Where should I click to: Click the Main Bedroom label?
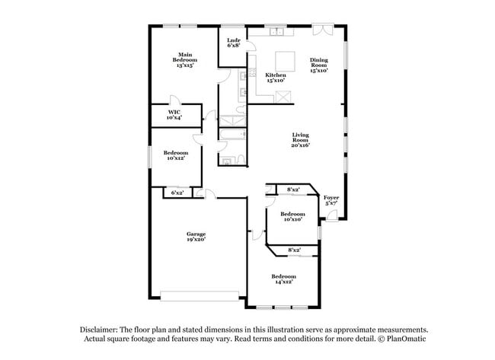(185, 60)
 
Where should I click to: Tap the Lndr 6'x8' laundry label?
(234, 43)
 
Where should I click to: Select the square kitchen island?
(285, 60)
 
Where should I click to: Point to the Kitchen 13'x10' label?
(276, 78)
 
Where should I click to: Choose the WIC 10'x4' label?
(174, 115)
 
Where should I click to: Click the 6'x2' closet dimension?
(177, 193)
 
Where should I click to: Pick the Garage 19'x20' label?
(196, 237)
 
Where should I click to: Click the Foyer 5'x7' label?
(331, 201)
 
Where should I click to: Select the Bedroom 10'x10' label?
(293, 217)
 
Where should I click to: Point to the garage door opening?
(200, 294)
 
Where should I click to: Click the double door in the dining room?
(323, 30)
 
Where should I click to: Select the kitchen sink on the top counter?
(276, 32)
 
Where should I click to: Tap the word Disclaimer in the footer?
(101, 330)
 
